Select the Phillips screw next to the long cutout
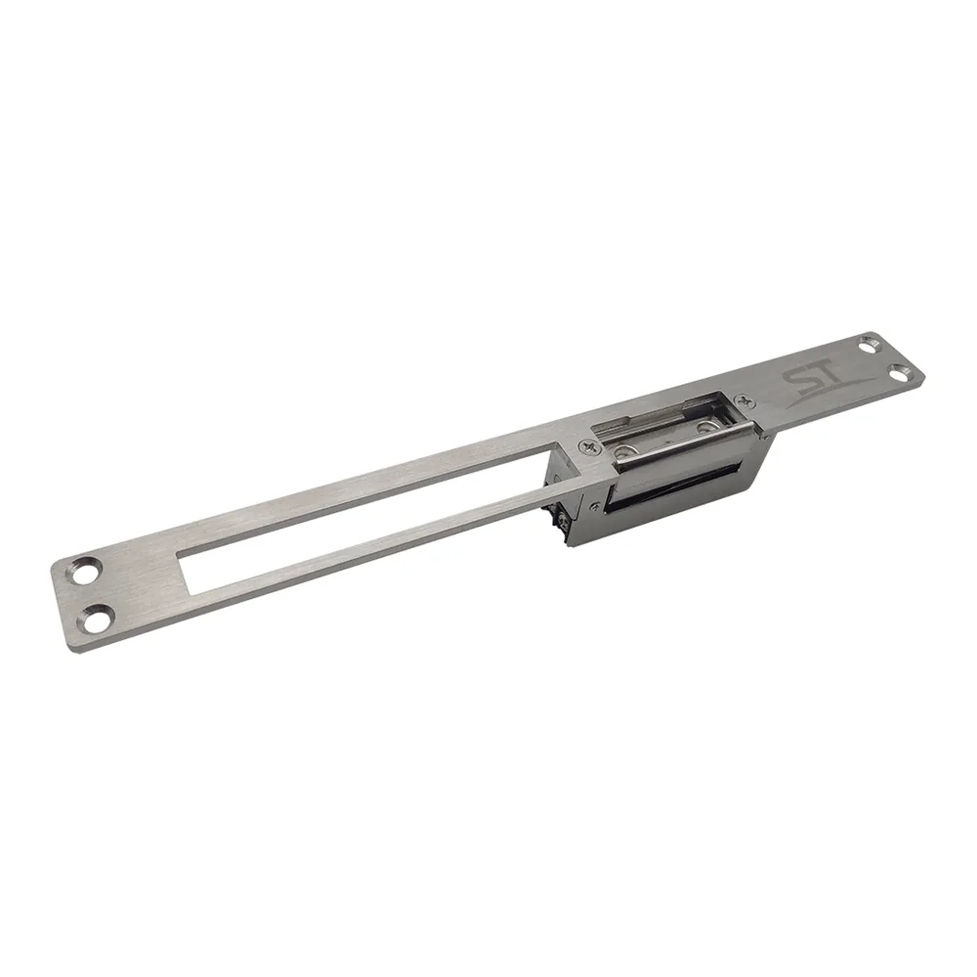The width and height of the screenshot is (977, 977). click(589, 446)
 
